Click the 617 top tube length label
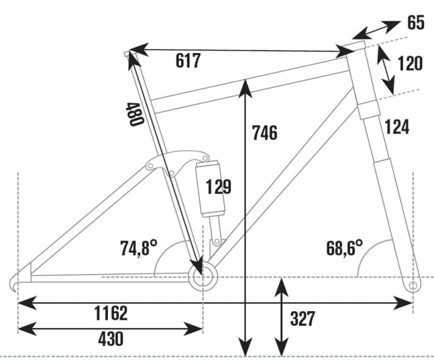click(x=188, y=61)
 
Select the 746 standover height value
click(x=265, y=132)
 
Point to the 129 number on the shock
click(x=218, y=187)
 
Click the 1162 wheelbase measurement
click(x=111, y=314)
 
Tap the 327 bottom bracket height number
click(x=302, y=319)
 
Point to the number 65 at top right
click(x=416, y=24)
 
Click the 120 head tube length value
click(x=410, y=63)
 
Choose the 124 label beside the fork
click(x=396, y=127)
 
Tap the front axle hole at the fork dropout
click(x=413, y=285)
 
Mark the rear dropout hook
click(x=18, y=281)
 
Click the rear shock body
click(x=208, y=189)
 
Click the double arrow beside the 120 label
click(x=385, y=70)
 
